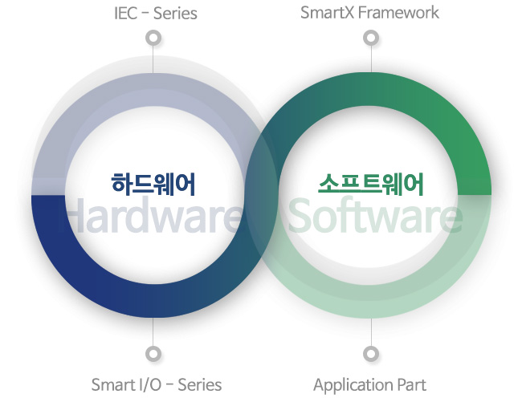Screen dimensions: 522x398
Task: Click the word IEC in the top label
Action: [x=125, y=14]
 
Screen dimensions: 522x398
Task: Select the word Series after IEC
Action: [x=175, y=14]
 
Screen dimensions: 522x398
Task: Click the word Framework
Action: [x=398, y=13]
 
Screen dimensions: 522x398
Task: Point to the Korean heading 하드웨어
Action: [x=153, y=184]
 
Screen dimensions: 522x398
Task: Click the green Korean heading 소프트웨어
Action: [x=371, y=184]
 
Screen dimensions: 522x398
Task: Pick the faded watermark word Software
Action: [x=375, y=215]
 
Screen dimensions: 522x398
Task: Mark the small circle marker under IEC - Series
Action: [x=153, y=38]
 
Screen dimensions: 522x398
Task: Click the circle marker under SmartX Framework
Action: [x=371, y=38]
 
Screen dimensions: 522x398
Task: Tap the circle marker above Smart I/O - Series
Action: [x=153, y=353]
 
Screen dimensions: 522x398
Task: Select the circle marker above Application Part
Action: [x=371, y=353]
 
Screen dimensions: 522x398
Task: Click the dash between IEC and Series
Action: [x=145, y=14]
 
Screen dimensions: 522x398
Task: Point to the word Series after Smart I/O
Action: [x=200, y=384]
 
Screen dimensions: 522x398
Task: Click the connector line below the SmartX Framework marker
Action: [x=371, y=59]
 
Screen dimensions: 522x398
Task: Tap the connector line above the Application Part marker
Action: [x=371, y=332]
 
